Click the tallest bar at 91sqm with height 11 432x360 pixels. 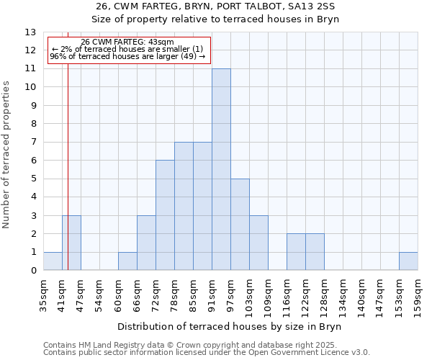tap(221, 169)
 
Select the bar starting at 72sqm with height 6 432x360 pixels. tap(165, 215)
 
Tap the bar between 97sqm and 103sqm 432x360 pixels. tap(240, 225)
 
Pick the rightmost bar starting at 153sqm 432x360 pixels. tap(408, 261)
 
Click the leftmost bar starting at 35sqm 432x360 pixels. tap(53, 261)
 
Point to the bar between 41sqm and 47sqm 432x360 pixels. tap(71, 243)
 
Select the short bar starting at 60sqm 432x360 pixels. tap(127, 261)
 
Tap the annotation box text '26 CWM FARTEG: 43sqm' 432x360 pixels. tap(127, 42)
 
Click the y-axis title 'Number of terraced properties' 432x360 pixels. tap(7, 154)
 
